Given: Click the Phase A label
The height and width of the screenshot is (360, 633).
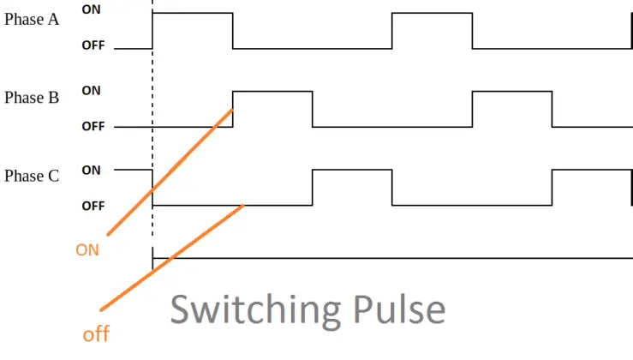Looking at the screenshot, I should pos(32,19).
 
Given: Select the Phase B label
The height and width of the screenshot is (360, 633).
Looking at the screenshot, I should pos(32,97).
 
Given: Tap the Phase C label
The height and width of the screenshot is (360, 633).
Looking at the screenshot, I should pos(32,176).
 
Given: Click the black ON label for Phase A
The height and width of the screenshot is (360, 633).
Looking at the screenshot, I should pos(91,9).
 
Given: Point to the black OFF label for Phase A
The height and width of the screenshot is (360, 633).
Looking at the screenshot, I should pos(93,45).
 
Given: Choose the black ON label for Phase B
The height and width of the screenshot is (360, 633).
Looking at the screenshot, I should pos(91,89).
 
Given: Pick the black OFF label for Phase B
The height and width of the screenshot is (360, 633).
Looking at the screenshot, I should pos(93,126).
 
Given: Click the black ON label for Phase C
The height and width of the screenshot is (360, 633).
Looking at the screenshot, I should pos(91,170).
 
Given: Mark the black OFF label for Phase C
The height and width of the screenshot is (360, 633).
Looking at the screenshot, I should pos(93,206).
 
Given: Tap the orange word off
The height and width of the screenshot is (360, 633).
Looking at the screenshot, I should pos(96,334).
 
